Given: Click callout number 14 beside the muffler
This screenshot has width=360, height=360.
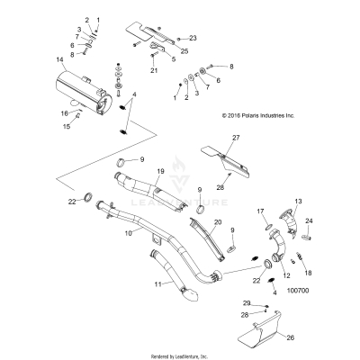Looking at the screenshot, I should click(x=60, y=60).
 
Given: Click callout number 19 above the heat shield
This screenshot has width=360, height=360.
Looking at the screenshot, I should click(x=161, y=171).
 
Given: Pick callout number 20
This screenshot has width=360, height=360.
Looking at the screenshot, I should click(x=217, y=221).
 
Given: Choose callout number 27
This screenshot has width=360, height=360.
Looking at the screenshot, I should click(x=238, y=137).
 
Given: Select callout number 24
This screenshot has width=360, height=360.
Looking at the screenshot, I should click(x=309, y=220).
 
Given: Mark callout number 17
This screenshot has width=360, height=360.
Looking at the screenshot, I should click(x=261, y=211).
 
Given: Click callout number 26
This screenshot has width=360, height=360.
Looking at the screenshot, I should click(x=290, y=338).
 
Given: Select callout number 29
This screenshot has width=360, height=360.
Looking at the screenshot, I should click(x=247, y=303).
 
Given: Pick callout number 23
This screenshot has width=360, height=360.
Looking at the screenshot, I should click(x=193, y=40).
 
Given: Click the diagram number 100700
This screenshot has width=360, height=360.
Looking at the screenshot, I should click(x=296, y=291).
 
